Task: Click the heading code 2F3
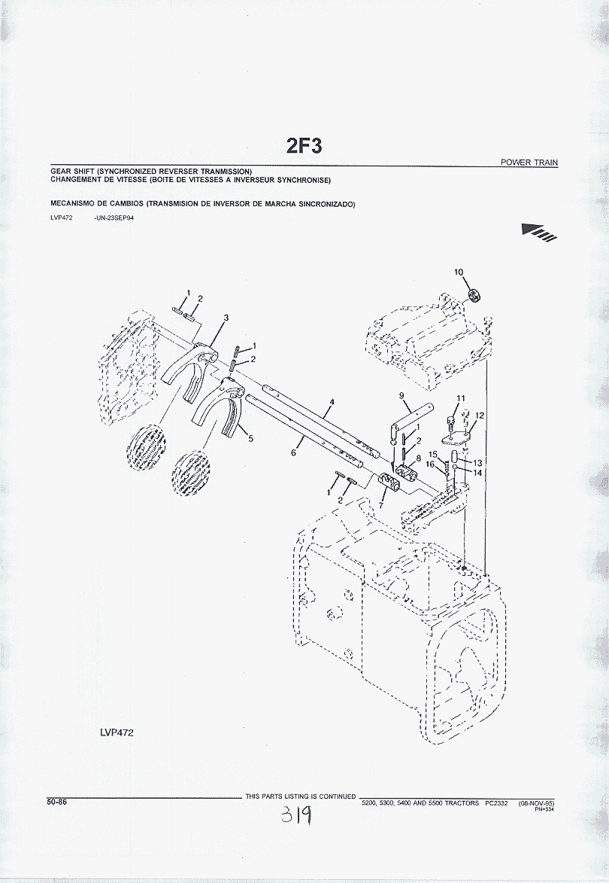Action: pyautogui.click(x=304, y=145)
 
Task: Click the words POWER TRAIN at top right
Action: pyautogui.click(x=529, y=163)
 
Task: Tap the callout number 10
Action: pyautogui.click(x=459, y=272)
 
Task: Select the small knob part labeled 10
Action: pyautogui.click(x=474, y=295)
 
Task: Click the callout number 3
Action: pyautogui.click(x=226, y=318)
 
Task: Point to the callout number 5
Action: pyautogui.click(x=250, y=437)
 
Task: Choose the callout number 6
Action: pyautogui.click(x=293, y=453)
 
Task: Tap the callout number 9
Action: pyautogui.click(x=401, y=396)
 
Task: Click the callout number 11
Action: pyautogui.click(x=461, y=398)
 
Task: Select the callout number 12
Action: pyautogui.click(x=480, y=416)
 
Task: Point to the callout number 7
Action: pyautogui.click(x=380, y=506)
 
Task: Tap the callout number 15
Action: pyautogui.click(x=433, y=455)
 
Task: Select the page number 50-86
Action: pyautogui.click(x=56, y=802)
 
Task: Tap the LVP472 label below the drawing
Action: pyautogui.click(x=117, y=732)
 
